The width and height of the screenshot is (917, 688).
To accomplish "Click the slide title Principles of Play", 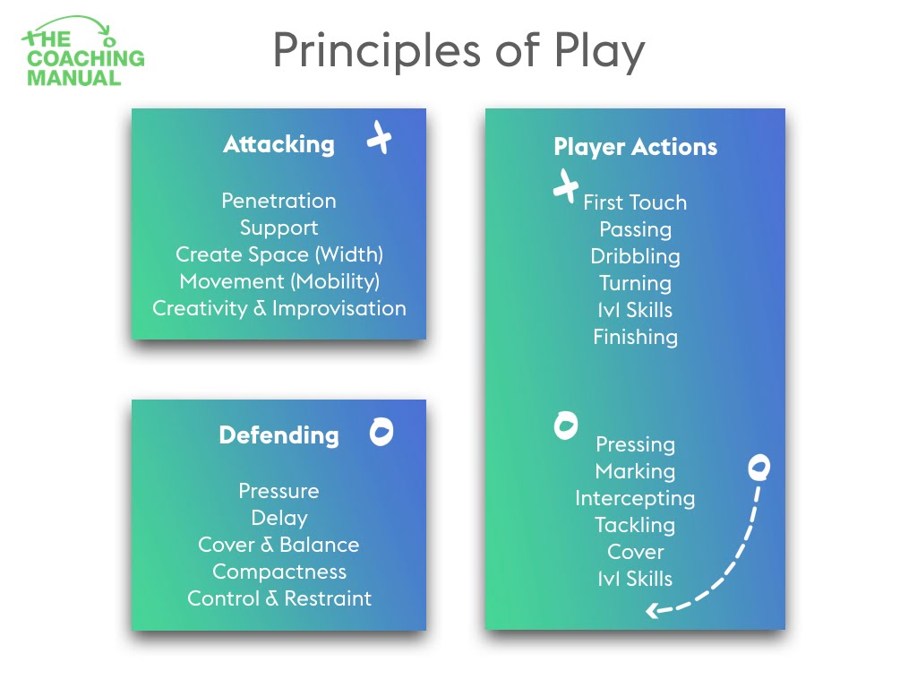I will click(x=458, y=51).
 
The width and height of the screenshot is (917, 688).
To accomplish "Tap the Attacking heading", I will click(x=279, y=144).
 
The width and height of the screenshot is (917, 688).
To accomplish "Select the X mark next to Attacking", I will click(x=380, y=139).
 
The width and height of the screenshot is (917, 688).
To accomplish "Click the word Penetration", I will click(x=279, y=201).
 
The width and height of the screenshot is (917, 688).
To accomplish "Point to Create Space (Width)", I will click(x=279, y=254).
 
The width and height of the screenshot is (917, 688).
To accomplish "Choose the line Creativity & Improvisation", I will click(x=279, y=308).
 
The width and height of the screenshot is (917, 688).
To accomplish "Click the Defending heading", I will click(x=279, y=435).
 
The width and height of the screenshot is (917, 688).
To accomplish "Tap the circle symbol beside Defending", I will click(x=381, y=432).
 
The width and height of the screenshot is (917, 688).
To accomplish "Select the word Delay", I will click(x=279, y=518).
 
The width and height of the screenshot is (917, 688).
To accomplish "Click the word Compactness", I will click(x=279, y=572).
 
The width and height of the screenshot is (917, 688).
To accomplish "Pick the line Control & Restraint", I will click(x=279, y=598).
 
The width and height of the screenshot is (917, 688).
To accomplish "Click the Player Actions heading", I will click(x=635, y=147).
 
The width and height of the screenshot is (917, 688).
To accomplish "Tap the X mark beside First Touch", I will click(x=565, y=186).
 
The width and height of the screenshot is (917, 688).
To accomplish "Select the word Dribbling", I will click(x=635, y=256).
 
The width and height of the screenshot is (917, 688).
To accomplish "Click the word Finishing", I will click(x=635, y=337).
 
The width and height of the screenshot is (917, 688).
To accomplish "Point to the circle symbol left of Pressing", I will click(x=566, y=426).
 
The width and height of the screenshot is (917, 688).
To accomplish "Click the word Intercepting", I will click(x=635, y=498).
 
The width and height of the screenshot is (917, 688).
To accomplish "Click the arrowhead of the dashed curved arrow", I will click(x=652, y=612).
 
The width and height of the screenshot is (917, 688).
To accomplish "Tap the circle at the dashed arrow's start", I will click(x=759, y=467).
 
